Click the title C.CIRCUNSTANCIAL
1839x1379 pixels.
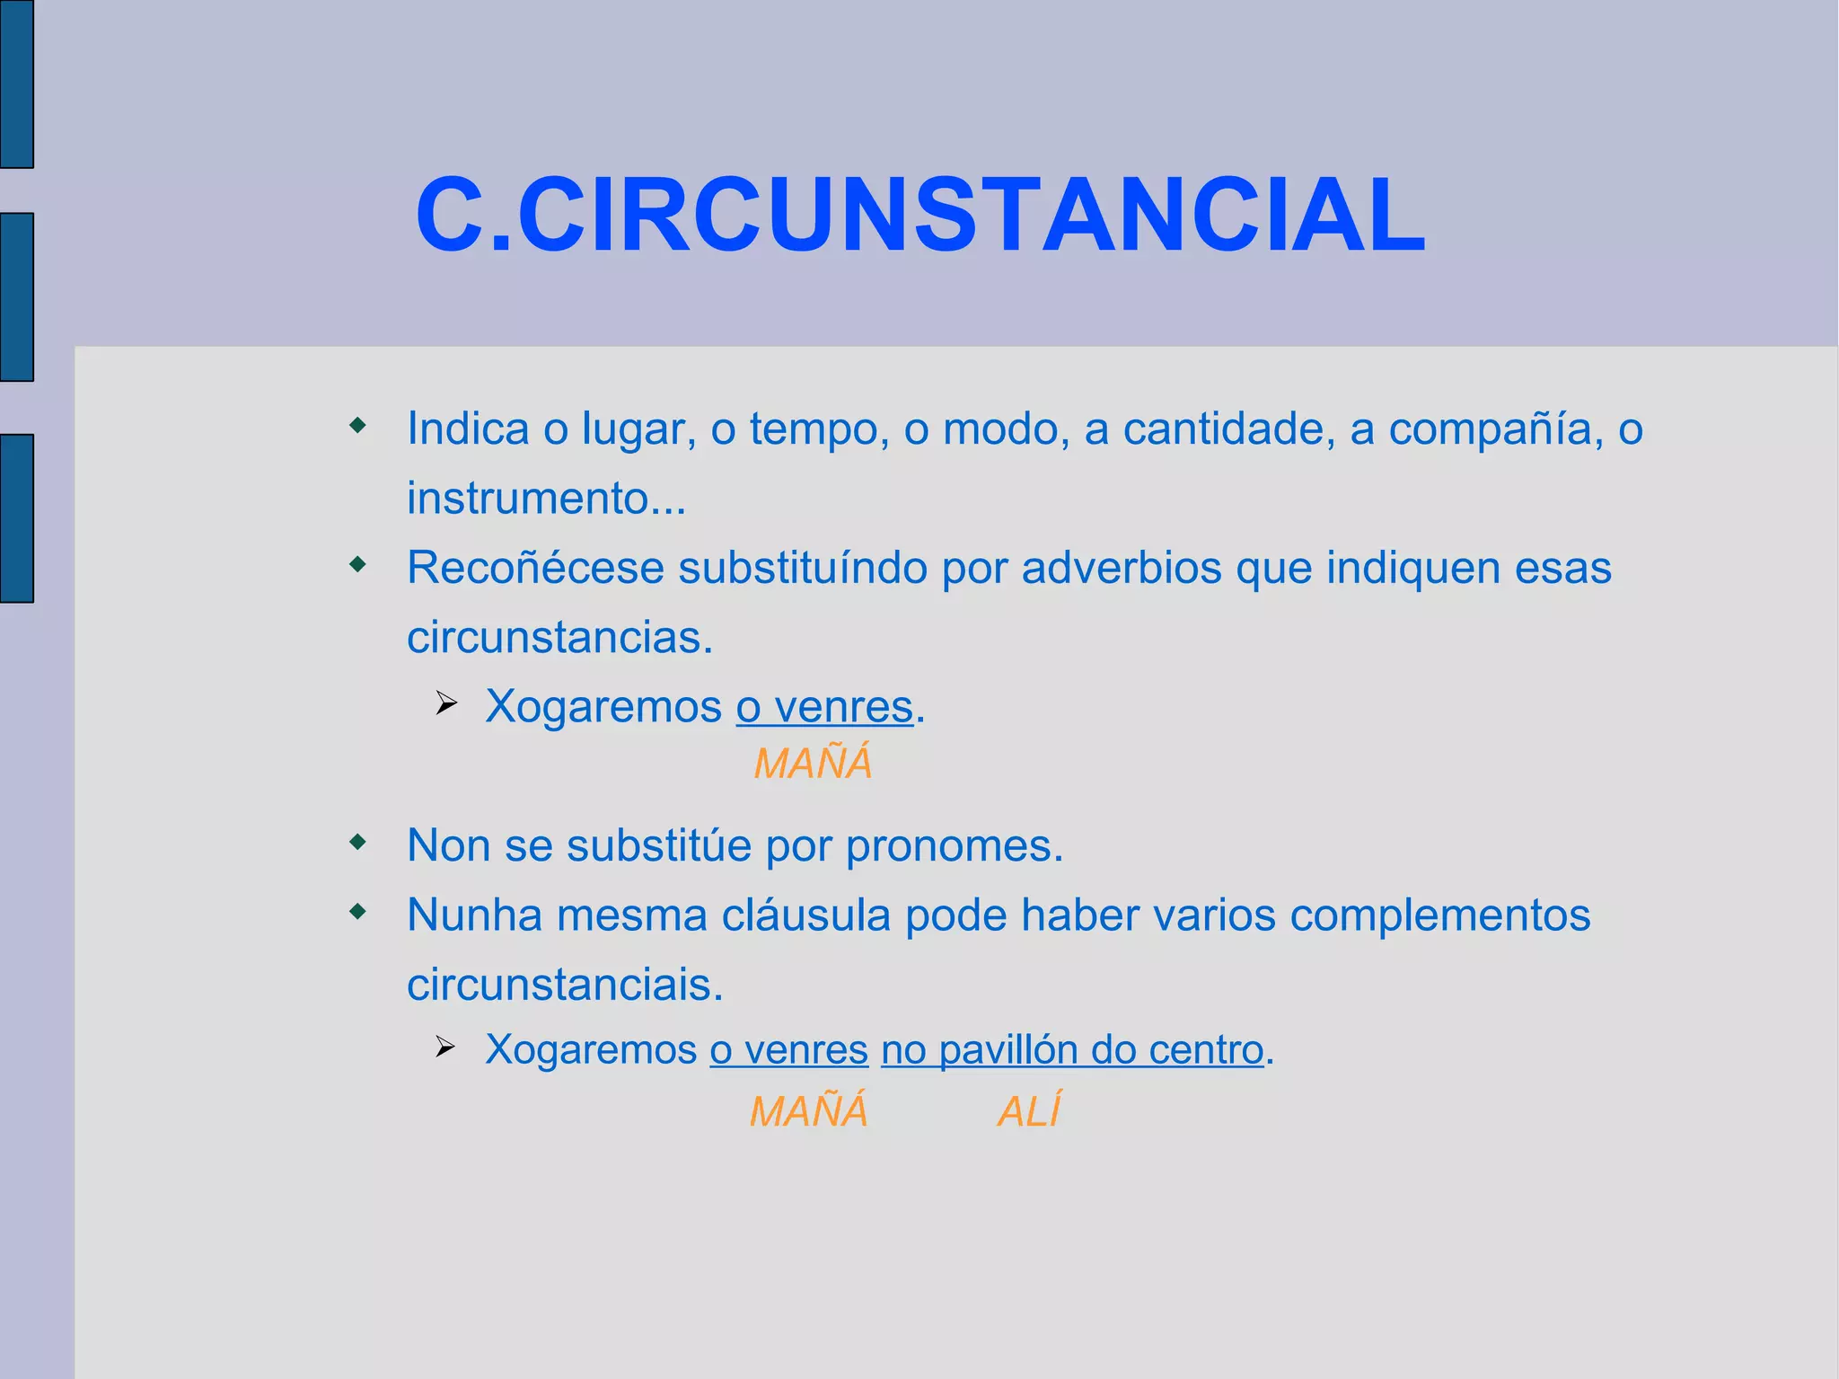(919, 216)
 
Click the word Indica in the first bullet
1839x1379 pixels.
(467, 429)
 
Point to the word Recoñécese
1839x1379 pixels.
(534, 568)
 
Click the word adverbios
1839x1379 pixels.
(1121, 568)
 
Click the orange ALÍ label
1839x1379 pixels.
(1029, 1111)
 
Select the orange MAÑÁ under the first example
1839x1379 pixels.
(813, 764)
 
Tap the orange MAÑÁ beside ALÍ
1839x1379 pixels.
(808, 1111)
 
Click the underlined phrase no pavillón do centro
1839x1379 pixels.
(1072, 1049)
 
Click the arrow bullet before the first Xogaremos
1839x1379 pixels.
(446, 703)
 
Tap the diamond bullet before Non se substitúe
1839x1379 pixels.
(358, 843)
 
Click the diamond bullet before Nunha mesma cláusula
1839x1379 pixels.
(358, 913)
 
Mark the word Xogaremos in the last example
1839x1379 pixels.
(590, 1049)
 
